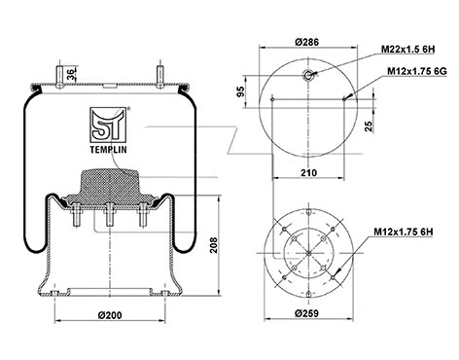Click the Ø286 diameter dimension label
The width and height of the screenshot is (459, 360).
pos(308,41)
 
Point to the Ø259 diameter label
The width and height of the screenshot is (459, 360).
pos(307,314)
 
